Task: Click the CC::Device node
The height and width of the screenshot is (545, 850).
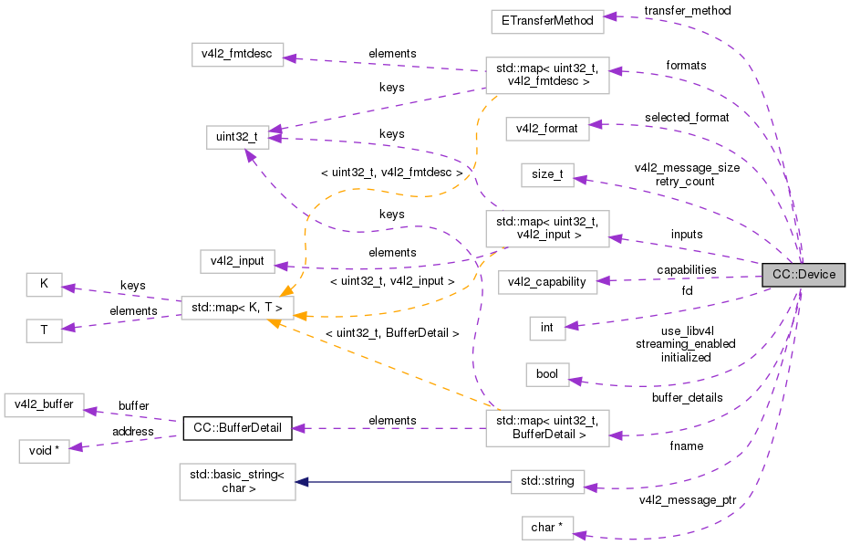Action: pyautogui.click(x=803, y=275)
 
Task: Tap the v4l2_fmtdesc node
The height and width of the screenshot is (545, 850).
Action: pyautogui.click(x=237, y=54)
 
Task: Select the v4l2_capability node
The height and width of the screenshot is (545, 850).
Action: pyautogui.click(x=547, y=281)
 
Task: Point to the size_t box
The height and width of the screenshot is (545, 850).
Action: pyautogui.click(x=547, y=174)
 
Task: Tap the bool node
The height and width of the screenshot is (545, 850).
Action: pyautogui.click(x=547, y=374)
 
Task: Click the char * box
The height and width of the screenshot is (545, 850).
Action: pyautogui.click(x=547, y=528)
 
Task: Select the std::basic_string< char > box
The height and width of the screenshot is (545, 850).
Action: pyautogui.click(x=237, y=481)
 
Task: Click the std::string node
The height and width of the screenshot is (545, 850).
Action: pyautogui.click(x=547, y=481)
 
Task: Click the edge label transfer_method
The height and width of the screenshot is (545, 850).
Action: pyautogui.click(x=687, y=10)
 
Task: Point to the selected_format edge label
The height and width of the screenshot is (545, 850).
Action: pyautogui.click(x=687, y=118)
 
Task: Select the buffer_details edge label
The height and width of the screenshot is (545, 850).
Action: pyautogui.click(x=687, y=398)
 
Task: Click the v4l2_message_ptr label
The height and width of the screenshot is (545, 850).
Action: pyautogui.click(x=687, y=500)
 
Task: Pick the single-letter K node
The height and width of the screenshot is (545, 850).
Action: pyautogui.click(x=44, y=284)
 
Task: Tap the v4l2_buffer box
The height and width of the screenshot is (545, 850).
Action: pyautogui.click(x=44, y=404)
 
